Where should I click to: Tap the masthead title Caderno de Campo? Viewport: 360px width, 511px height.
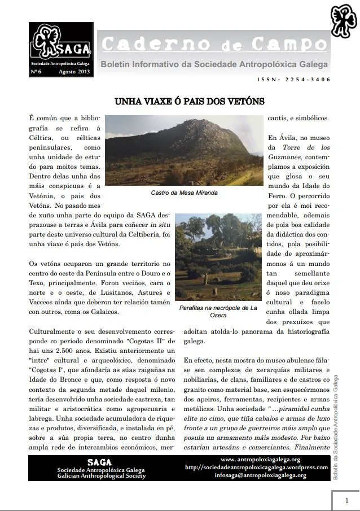[214, 44]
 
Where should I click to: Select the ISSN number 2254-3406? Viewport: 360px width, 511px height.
[302, 80]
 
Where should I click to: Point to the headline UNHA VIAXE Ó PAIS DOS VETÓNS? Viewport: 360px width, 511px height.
[182, 102]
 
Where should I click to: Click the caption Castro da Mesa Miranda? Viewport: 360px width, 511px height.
[184, 193]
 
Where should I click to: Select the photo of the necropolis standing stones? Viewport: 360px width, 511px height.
[218, 257]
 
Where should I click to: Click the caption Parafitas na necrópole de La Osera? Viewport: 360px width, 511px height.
[218, 312]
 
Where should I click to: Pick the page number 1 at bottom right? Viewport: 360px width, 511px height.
[346, 500]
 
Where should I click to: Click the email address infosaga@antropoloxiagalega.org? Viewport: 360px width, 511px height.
[260, 475]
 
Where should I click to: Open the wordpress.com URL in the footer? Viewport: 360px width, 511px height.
[257, 468]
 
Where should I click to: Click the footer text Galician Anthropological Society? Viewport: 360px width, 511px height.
[101, 476]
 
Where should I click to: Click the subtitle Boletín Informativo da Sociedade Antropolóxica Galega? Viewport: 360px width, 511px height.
[214, 65]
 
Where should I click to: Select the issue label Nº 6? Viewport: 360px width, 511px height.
[36, 72]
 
